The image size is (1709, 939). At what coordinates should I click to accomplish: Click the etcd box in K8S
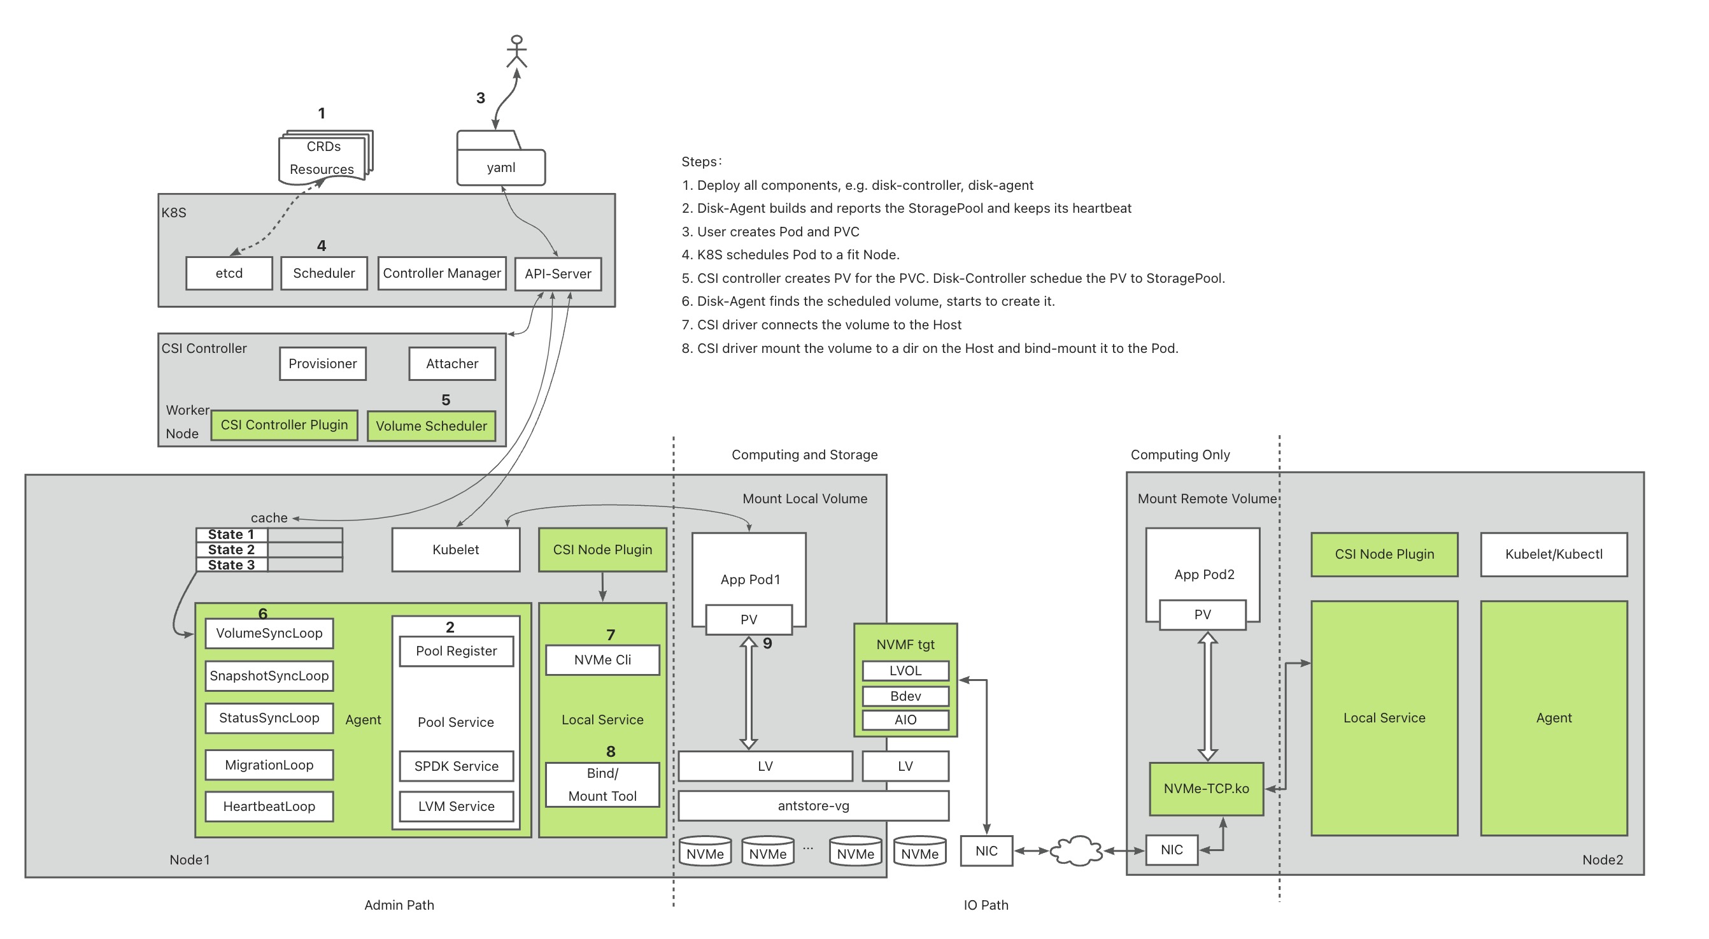pyautogui.click(x=229, y=273)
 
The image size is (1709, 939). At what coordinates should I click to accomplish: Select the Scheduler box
pyautogui.click(x=323, y=273)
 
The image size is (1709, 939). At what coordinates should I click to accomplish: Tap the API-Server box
pyautogui.click(x=558, y=274)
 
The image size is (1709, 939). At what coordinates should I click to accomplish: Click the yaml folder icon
pyautogui.click(x=501, y=158)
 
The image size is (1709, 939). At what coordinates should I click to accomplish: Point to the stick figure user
pyautogui.click(x=517, y=51)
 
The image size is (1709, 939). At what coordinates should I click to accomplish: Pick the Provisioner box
pyautogui.click(x=322, y=364)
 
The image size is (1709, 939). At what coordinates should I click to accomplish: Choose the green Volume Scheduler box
pyautogui.click(x=431, y=426)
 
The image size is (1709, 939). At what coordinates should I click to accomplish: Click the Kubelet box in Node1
pyautogui.click(x=456, y=550)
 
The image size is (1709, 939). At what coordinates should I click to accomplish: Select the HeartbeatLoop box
pyautogui.click(x=269, y=806)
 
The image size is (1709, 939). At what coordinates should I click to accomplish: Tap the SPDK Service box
pyautogui.click(x=457, y=766)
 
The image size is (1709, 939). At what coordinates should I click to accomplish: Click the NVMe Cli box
pyautogui.click(x=602, y=660)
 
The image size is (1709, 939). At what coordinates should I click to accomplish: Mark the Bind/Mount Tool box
pyautogui.click(x=602, y=784)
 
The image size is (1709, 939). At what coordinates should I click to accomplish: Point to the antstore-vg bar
pyautogui.click(x=813, y=806)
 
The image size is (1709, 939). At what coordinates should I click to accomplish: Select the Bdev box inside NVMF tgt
pyautogui.click(x=905, y=696)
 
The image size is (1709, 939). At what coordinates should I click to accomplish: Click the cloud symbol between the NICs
pyautogui.click(x=1076, y=850)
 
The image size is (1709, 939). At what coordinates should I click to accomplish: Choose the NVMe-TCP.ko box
pyautogui.click(x=1206, y=789)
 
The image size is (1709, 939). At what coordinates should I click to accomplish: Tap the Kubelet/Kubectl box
pyautogui.click(x=1554, y=554)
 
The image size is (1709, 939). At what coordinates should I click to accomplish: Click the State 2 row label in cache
pyautogui.click(x=232, y=550)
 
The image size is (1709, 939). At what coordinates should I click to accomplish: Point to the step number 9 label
pyautogui.click(x=768, y=643)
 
